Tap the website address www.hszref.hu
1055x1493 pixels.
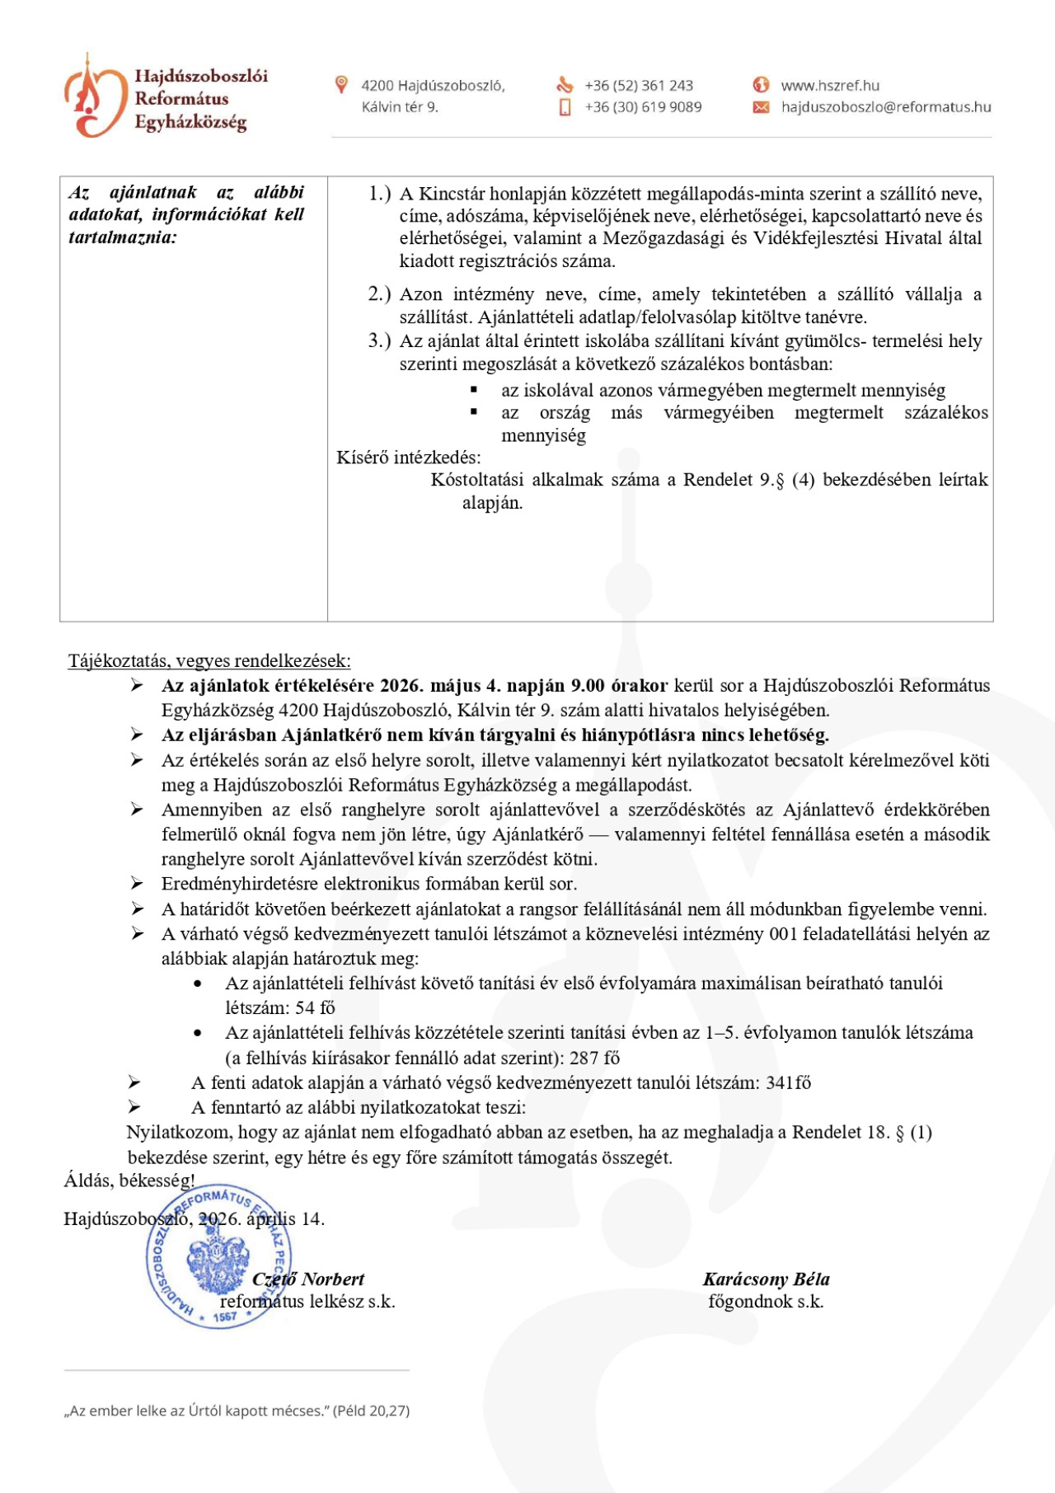click(829, 86)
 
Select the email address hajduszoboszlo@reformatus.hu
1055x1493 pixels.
click(885, 107)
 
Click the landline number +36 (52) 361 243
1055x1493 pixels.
click(639, 86)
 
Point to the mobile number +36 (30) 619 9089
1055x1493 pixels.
click(643, 107)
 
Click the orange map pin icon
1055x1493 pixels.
click(341, 84)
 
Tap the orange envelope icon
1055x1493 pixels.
click(761, 107)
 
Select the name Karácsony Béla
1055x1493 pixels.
click(766, 1279)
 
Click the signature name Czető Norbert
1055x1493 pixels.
click(308, 1279)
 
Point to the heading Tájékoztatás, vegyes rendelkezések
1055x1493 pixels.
click(209, 660)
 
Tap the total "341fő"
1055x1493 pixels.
click(788, 1082)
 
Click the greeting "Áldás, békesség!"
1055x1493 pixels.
click(129, 1180)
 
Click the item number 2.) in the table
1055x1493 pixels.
click(379, 294)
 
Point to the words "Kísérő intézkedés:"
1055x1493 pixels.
click(408, 458)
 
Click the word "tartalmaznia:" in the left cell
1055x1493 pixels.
click(122, 237)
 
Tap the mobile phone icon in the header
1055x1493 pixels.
click(565, 107)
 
